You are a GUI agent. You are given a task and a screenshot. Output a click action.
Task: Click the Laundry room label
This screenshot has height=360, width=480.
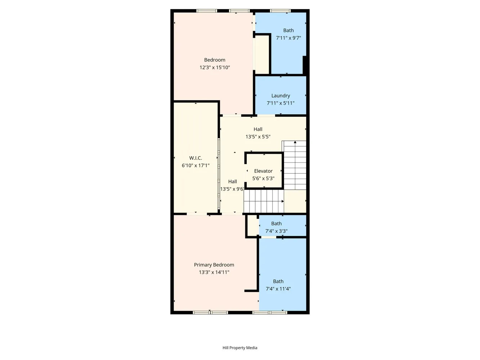pos(281,96)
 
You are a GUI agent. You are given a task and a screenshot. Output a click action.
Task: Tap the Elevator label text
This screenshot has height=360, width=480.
pos(263,171)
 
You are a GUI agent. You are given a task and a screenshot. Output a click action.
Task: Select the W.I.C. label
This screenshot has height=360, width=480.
pos(196,158)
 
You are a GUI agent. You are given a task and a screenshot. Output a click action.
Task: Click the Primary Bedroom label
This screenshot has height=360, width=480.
pos(214,265)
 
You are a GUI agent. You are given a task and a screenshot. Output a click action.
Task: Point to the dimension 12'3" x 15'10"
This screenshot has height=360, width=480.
pos(215,67)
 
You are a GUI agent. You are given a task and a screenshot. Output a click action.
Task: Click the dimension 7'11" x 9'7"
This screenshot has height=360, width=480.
pos(288,38)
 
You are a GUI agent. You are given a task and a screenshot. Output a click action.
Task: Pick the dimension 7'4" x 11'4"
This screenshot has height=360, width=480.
pos(278,289)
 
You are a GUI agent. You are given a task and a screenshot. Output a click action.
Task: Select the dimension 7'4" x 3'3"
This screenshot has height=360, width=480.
pos(277,231)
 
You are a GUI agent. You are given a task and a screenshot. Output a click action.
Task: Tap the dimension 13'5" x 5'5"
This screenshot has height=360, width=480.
pos(258,136)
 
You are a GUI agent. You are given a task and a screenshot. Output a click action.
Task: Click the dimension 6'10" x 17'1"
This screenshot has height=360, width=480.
pos(196,166)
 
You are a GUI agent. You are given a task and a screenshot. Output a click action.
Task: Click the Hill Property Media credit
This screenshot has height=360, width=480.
pos(240,348)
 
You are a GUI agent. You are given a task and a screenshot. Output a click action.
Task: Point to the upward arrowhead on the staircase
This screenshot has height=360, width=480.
pos(295,142)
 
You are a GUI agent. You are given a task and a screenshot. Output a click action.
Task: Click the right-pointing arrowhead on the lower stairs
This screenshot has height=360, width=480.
pos(283,201)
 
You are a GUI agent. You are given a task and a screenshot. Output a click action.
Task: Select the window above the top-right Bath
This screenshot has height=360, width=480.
pos(280,11)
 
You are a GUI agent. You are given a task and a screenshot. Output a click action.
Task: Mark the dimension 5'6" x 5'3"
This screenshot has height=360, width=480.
pos(263,178)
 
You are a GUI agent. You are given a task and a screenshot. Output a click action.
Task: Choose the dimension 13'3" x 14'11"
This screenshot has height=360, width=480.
pos(214,273)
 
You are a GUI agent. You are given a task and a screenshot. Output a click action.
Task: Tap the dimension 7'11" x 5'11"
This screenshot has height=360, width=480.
pos(281,103)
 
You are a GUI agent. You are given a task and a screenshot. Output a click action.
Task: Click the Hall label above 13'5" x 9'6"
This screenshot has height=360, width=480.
pos(233,181)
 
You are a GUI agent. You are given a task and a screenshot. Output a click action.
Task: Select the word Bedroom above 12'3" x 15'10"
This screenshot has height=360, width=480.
pos(215,60)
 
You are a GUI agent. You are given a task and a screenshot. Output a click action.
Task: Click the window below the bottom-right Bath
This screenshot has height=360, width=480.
pos(270,312)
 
